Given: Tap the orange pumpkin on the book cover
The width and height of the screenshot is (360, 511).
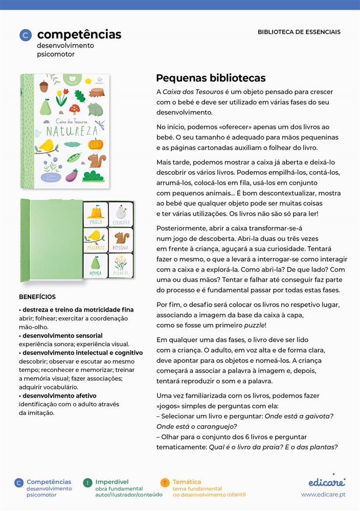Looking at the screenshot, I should (96, 143).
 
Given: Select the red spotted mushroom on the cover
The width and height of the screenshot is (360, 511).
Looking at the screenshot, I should (75, 109).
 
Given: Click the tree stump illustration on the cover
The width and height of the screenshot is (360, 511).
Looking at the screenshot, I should (96, 92).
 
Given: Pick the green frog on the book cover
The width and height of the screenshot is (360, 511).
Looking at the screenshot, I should (96, 109).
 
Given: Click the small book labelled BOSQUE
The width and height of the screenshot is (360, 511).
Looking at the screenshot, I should (121, 240).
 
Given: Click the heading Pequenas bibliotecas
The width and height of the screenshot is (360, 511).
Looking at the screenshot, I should (211, 78).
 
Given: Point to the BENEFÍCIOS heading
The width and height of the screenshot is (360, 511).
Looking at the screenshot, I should (37, 297).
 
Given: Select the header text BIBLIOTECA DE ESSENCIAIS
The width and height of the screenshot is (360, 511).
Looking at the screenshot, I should (299, 32).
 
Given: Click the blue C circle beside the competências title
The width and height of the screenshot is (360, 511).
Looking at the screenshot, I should (25, 35).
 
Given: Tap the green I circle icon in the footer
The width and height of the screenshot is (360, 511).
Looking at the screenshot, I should (87, 482).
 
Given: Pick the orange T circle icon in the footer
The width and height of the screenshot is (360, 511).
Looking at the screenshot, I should (165, 482).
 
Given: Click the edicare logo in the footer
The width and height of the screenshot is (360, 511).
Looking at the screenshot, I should (327, 481).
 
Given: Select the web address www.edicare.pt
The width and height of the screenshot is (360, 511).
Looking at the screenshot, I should (323, 495).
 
